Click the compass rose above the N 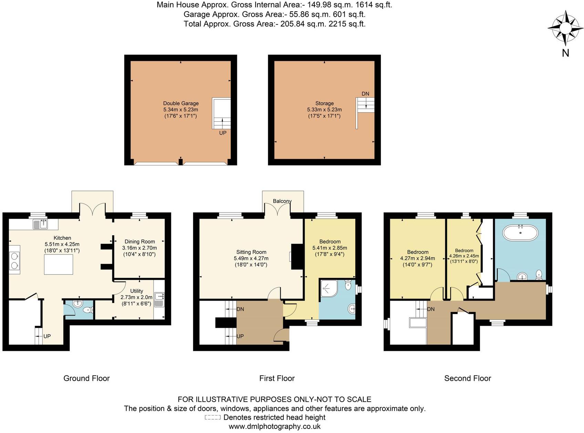point(565,28)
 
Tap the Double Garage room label point(181,103)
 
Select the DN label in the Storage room point(365,94)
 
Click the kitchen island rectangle point(59,264)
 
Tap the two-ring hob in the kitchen point(14,260)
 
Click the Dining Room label point(139,241)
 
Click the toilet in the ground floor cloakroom point(88,310)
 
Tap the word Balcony point(282,201)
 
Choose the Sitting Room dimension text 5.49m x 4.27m point(251,258)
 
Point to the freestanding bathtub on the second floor point(520,234)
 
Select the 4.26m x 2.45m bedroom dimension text point(464,256)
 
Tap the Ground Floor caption point(86,378)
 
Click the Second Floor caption point(467,378)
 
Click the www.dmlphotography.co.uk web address point(274,426)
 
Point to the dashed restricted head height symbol point(212,418)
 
